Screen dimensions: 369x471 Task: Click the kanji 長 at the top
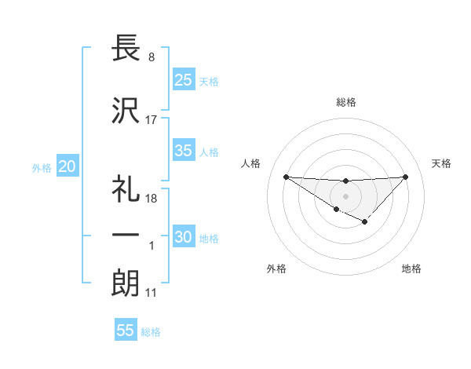(x=126, y=49)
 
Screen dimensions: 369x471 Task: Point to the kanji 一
(x=126, y=236)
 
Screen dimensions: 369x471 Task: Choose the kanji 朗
(x=126, y=283)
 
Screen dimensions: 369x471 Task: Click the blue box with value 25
(x=184, y=79)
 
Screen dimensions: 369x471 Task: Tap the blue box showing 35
(x=184, y=151)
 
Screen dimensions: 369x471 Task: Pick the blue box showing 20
(x=68, y=166)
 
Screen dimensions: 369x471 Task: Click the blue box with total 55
(x=126, y=331)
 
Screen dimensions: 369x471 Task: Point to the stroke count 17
(x=152, y=120)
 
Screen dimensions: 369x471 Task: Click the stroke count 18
(x=152, y=198)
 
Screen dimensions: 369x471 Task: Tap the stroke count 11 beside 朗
(x=151, y=293)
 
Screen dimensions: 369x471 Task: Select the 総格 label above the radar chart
(x=346, y=102)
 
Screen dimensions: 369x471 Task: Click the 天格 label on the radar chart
(x=442, y=163)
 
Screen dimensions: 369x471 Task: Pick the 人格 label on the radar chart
(x=250, y=163)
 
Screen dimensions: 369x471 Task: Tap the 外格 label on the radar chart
(x=276, y=269)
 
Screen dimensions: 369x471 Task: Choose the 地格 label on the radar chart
(x=411, y=269)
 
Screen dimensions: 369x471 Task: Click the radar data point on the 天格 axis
(x=405, y=177)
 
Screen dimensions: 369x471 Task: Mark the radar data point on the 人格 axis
(x=286, y=177)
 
